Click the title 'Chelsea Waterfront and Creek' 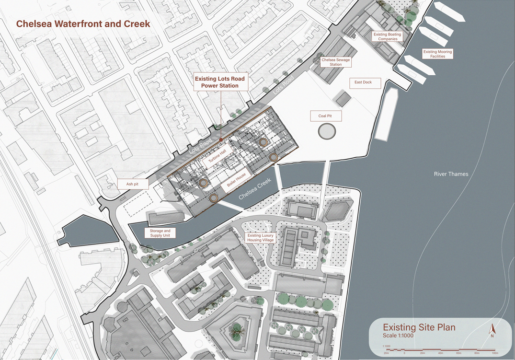click(83, 24)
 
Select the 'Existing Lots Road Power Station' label click(219, 82)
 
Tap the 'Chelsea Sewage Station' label click(335, 62)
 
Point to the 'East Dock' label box click(363, 82)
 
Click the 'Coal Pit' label click(325, 116)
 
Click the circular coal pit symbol click(327, 131)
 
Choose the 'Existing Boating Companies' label click(387, 37)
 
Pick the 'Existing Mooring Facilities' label click(437, 54)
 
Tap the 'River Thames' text click(451, 174)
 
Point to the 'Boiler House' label click(236, 180)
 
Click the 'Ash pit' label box click(133, 184)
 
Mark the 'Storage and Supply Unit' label click(160, 233)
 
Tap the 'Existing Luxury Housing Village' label click(260, 238)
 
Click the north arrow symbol click(492, 330)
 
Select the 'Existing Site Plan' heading click(419, 328)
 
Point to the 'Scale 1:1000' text click(398, 336)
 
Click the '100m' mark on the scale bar click(494, 353)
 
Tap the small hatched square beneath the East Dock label click(343, 99)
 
